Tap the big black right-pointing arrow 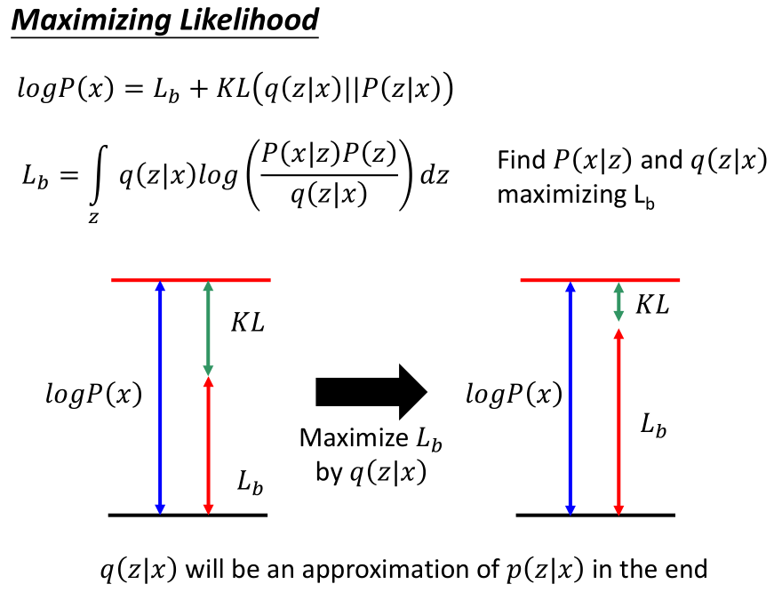[x=371, y=391]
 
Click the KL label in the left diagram [x=248, y=323]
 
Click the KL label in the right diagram [x=652, y=305]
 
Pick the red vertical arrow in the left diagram [x=207, y=444]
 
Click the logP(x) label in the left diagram [x=93, y=395]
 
